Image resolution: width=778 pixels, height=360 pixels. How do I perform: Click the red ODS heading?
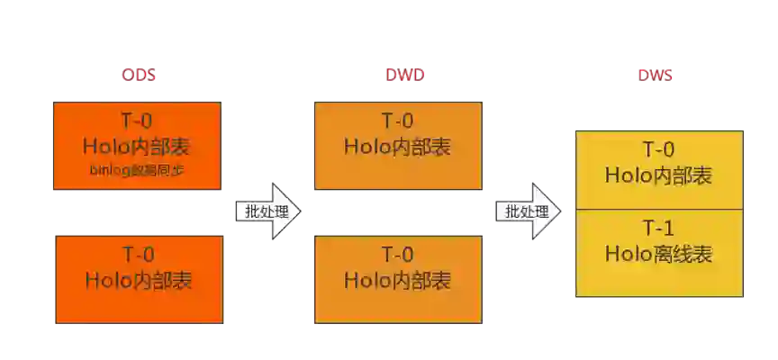pos(139,76)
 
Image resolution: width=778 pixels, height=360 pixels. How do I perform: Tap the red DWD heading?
pos(397,76)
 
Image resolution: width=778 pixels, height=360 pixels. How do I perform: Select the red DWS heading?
pos(656,76)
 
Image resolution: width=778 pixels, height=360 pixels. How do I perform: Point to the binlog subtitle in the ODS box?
pos(138,169)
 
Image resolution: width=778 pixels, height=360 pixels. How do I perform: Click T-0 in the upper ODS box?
pos(138,121)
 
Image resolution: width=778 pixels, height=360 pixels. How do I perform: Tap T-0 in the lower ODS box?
pos(138,256)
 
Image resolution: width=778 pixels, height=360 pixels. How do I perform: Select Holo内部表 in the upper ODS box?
pos(138,146)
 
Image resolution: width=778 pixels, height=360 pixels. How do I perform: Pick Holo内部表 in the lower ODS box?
pos(138,280)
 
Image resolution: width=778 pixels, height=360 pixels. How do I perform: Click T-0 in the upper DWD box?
pos(397,121)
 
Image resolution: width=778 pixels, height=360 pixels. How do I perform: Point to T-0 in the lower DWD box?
pos(397,256)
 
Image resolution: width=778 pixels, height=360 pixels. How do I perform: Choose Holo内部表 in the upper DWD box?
pos(397,146)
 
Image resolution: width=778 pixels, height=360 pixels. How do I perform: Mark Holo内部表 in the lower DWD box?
pos(397,280)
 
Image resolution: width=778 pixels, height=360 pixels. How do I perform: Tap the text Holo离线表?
pos(658,255)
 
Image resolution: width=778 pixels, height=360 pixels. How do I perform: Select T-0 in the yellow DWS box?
pos(658,150)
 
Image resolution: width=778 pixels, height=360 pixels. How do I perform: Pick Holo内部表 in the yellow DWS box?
pos(658,175)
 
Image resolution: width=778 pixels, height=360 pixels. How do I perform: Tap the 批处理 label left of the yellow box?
pos(526,211)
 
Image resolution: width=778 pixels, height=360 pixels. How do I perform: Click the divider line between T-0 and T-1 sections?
pos(658,209)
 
